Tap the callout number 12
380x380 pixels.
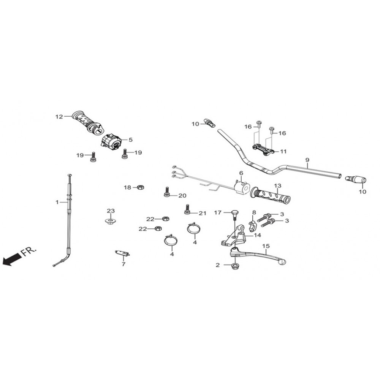(59, 117)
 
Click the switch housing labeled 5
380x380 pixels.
(111, 141)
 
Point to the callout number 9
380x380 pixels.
(307, 160)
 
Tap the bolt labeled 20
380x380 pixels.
(167, 192)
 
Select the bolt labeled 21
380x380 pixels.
(187, 209)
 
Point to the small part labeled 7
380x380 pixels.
(123, 253)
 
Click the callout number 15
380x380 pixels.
(266, 246)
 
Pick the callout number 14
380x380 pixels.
(257, 235)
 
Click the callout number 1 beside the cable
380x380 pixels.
(57, 202)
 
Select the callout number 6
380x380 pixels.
(241, 173)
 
